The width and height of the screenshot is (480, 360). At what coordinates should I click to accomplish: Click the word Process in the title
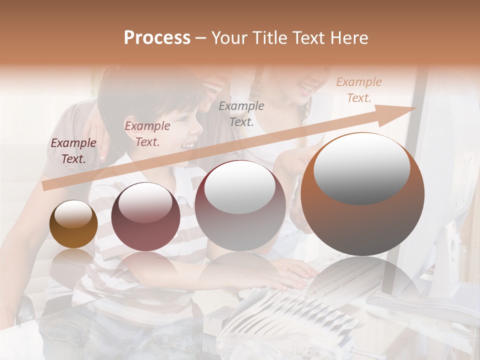coord(157,38)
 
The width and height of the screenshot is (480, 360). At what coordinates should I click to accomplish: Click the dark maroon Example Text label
coord(73,151)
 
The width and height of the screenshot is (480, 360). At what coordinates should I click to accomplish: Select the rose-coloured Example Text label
coord(147,134)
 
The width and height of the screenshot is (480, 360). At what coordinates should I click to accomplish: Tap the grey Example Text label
coord(241,113)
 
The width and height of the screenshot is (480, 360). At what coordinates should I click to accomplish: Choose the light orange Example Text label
coord(358,90)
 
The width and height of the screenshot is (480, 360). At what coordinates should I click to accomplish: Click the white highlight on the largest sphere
coord(361,169)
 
